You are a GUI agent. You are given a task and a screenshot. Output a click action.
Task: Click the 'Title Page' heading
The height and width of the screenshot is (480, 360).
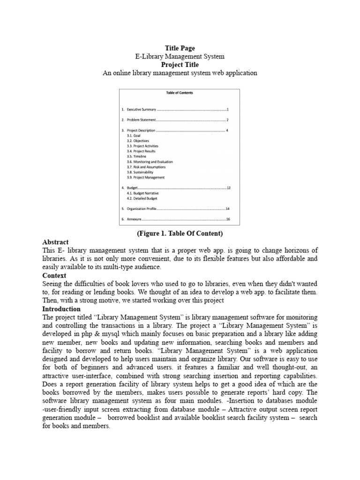(180, 48)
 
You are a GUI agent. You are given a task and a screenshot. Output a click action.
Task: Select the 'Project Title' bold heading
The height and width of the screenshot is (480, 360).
(180, 65)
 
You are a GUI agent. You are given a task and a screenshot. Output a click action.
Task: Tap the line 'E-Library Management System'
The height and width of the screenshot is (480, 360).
(180, 56)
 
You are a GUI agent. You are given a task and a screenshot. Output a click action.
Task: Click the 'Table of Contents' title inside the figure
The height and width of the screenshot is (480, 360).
(180, 93)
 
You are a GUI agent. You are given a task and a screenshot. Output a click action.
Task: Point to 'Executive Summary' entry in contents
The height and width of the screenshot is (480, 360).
(141, 109)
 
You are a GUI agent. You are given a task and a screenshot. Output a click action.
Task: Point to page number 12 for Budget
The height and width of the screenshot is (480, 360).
(228, 188)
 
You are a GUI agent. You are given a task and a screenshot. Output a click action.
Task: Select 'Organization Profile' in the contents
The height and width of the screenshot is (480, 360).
(140, 209)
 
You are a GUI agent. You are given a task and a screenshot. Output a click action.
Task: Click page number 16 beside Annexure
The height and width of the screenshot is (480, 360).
(228, 219)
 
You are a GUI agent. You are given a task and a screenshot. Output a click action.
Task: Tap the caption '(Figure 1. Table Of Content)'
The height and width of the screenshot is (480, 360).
(180, 233)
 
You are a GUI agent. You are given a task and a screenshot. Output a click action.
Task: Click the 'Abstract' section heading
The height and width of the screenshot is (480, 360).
(55, 242)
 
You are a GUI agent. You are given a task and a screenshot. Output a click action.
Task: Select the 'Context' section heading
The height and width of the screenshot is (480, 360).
(54, 276)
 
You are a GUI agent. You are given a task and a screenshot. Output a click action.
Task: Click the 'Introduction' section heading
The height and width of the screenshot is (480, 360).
(61, 309)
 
